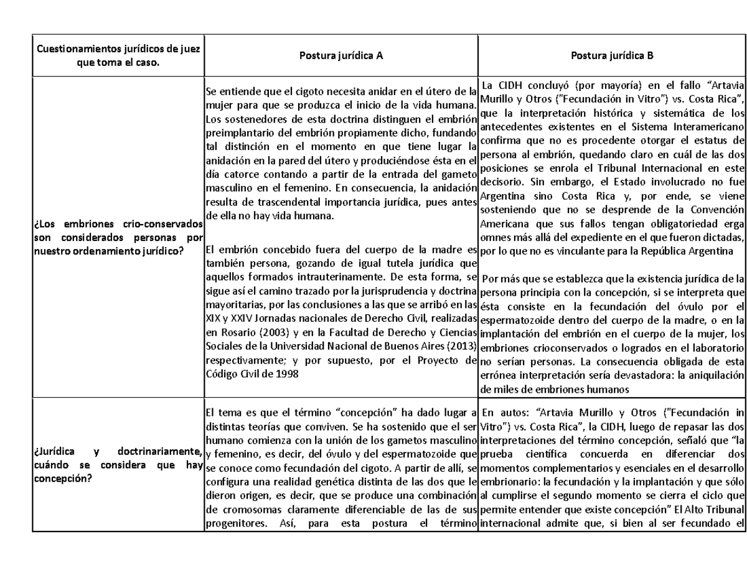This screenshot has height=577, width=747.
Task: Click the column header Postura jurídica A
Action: tap(341, 55)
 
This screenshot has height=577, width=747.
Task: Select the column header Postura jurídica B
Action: tap(612, 55)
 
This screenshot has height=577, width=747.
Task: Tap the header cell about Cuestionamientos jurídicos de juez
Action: tap(118, 55)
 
